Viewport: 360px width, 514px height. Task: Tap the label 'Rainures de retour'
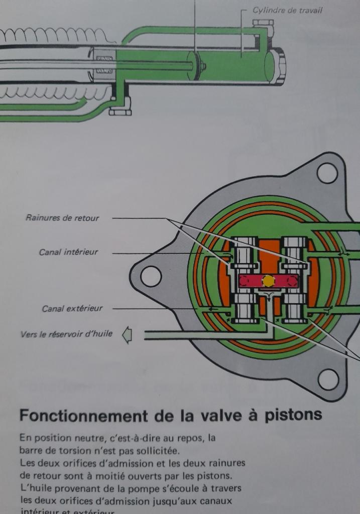62,218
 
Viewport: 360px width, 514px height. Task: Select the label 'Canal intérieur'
68,252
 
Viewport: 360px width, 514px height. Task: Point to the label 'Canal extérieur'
72,308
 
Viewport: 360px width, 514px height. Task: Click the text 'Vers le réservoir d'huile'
66,334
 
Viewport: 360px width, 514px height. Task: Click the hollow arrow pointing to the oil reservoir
127,334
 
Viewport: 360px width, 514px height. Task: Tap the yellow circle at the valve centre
269,281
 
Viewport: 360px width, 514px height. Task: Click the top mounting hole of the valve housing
327,173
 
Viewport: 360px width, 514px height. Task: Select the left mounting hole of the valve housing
151,276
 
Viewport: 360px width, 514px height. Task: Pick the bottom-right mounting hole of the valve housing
328,379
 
